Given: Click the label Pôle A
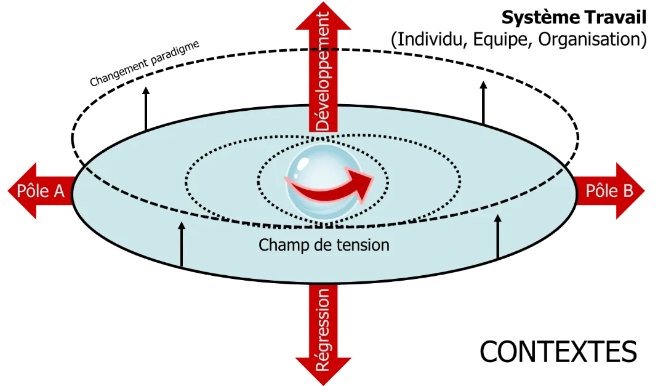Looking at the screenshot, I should point(41,191).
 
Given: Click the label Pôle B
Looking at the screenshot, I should point(609,191).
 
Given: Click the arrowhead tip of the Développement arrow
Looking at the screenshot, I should point(323,5).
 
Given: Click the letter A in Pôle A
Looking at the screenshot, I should point(58,191).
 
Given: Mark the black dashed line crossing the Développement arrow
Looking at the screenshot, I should point(323,49).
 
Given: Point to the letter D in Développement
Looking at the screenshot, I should point(323,124).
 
